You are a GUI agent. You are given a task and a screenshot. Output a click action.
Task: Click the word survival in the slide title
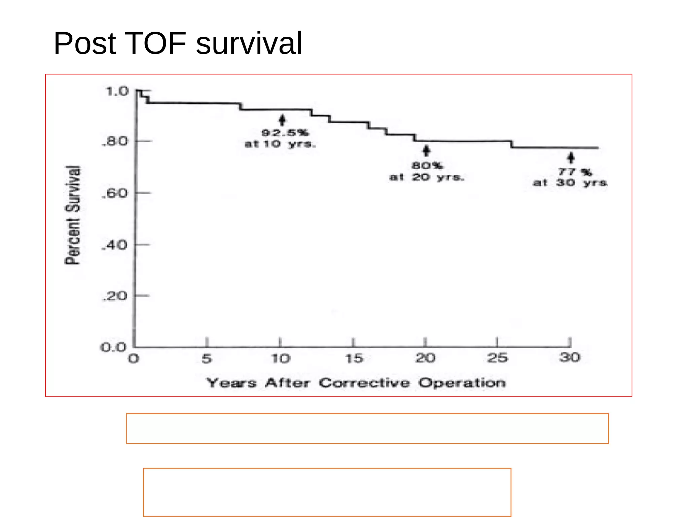pyautogui.click(x=249, y=44)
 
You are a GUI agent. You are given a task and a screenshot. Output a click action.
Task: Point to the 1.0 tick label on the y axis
pyautogui.click(x=117, y=91)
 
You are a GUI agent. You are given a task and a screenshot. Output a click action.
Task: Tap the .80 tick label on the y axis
pyautogui.click(x=115, y=141)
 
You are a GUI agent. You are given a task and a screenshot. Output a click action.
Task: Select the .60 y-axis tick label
pyautogui.click(x=115, y=193)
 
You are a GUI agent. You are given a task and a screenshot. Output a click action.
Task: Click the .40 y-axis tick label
pyautogui.click(x=115, y=245)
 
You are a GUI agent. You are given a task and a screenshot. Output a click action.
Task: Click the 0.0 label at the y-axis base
pyautogui.click(x=114, y=347)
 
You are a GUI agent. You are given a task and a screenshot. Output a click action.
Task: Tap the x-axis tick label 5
pyautogui.click(x=207, y=359)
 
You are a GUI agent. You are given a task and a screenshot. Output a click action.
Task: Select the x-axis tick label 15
pyautogui.click(x=354, y=359)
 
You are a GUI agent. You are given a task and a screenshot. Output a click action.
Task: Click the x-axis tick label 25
pyautogui.click(x=498, y=358)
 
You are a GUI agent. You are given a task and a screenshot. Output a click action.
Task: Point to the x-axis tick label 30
pyautogui.click(x=570, y=357)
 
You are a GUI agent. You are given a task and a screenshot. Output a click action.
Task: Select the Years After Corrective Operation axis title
pyautogui.click(x=356, y=383)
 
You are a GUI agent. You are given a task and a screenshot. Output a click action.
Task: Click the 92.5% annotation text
pyautogui.click(x=285, y=133)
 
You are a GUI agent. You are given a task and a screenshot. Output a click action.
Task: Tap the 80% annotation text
pyautogui.click(x=427, y=166)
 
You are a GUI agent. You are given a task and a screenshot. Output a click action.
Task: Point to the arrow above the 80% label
pyautogui.click(x=427, y=150)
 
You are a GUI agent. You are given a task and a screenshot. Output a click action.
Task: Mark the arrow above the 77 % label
pyautogui.click(x=571, y=158)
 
